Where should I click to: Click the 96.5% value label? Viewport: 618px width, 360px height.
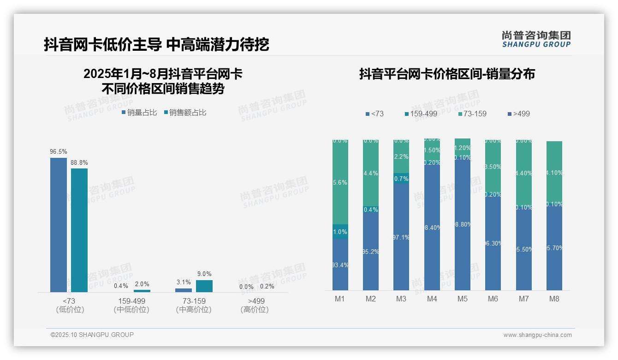coord(59,151)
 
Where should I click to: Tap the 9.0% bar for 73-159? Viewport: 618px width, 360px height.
coord(204,286)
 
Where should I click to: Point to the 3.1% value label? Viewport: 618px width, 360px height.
coord(184,282)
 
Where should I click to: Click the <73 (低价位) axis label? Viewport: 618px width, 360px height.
coord(70,305)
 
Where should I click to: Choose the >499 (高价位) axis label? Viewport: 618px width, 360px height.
coord(254,305)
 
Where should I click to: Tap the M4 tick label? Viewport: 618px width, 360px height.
coord(432,299)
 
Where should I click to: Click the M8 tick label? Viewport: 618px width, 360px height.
coord(554,299)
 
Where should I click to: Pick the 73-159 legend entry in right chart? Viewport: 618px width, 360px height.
coord(473,114)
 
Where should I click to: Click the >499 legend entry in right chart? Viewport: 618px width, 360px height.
coord(518,114)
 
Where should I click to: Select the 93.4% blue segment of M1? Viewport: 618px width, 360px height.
coord(340,264)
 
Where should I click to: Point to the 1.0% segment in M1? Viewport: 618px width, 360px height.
coord(340,232)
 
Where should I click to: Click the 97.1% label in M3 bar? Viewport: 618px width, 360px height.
coord(401,237)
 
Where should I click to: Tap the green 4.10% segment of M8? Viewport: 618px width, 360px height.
coord(554,173)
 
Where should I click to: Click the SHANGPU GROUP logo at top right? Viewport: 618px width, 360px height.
coord(536,39)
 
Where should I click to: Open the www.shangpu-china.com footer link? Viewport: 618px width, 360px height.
coord(537,335)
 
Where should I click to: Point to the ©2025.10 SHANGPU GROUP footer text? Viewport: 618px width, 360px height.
coord(92,335)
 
